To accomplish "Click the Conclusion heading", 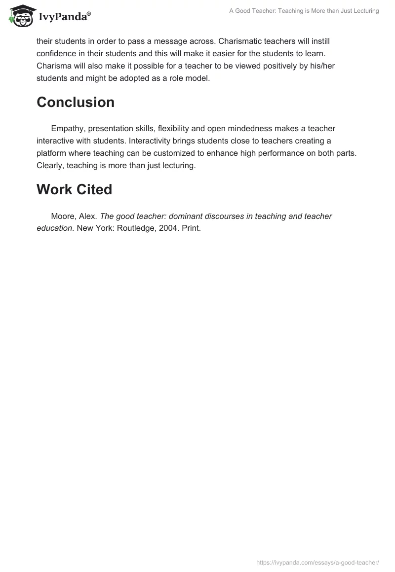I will (76, 102).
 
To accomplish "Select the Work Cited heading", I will (74, 189).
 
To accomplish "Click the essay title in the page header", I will (304, 11).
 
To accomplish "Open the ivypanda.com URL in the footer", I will (317, 562).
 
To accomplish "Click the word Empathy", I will (68, 129).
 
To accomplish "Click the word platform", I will (51, 153).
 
